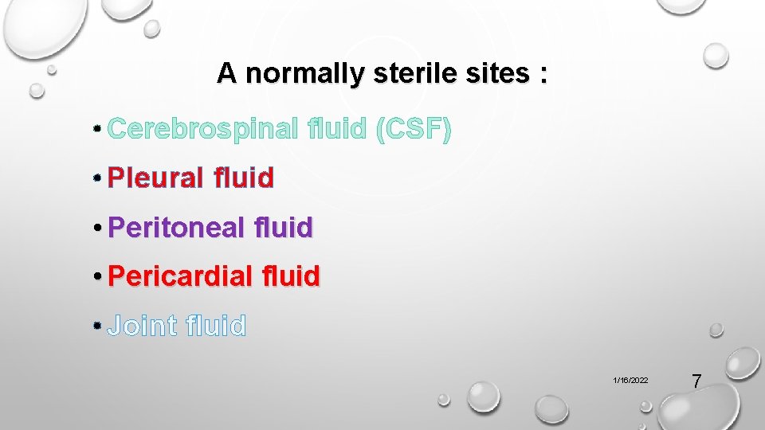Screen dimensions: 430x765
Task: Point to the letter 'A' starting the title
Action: [x=226, y=74]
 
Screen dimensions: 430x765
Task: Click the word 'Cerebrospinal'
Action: [x=202, y=128]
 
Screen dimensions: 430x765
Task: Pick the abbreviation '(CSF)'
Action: [x=414, y=128]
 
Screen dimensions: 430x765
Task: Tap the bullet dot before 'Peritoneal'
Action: [x=97, y=229]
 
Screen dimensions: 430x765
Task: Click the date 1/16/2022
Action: [x=630, y=381]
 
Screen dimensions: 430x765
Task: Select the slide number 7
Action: [x=696, y=381]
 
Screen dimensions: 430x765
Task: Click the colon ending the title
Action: [x=543, y=76]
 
